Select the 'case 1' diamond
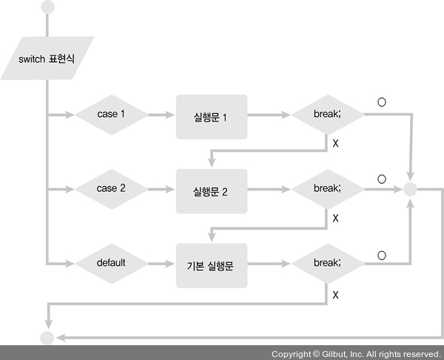point(111,115)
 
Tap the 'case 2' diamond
point(111,188)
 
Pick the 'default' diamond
point(111,262)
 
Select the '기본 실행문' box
point(210,263)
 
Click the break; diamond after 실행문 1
point(326,115)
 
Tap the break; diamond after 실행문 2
point(326,188)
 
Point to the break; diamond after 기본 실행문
point(326,262)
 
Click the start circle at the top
point(49,7)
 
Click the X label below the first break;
point(335,143)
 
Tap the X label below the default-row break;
point(335,295)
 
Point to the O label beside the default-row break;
point(382,256)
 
